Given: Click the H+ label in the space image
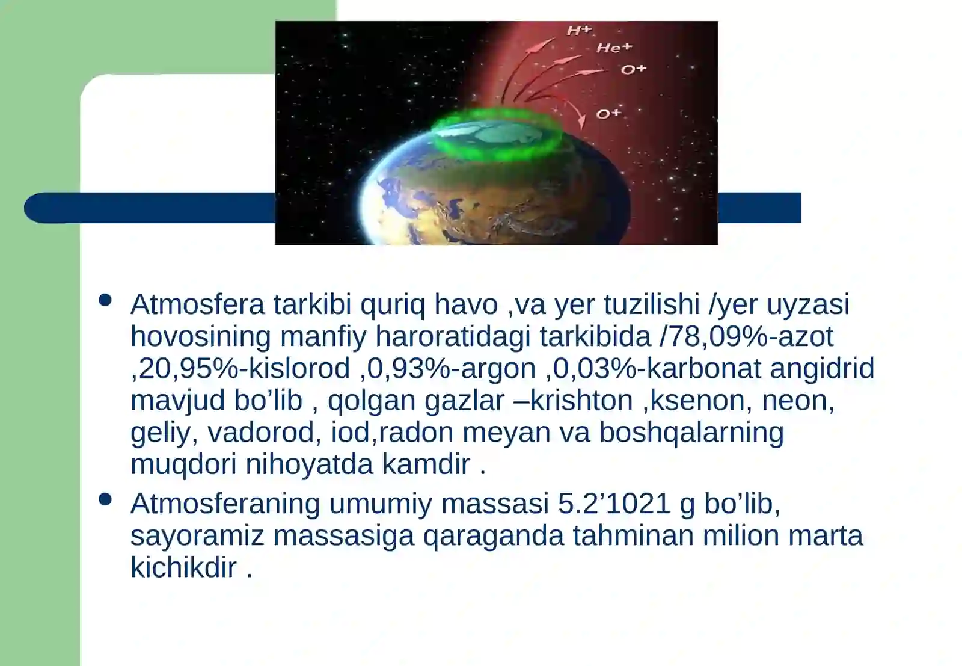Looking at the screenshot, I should [579, 31].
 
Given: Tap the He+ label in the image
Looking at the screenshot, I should [614, 48].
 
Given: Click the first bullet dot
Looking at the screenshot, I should [105, 300].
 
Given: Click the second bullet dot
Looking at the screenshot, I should [105, 499].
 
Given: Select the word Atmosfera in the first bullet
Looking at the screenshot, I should [197, 304].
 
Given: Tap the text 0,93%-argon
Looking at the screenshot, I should [452, 368].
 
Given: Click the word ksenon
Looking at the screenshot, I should [697, 400].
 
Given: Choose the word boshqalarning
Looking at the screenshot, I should [691, 432].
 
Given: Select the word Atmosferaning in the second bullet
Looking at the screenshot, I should [225, 504].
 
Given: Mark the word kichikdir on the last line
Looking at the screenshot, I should [184, 567].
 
